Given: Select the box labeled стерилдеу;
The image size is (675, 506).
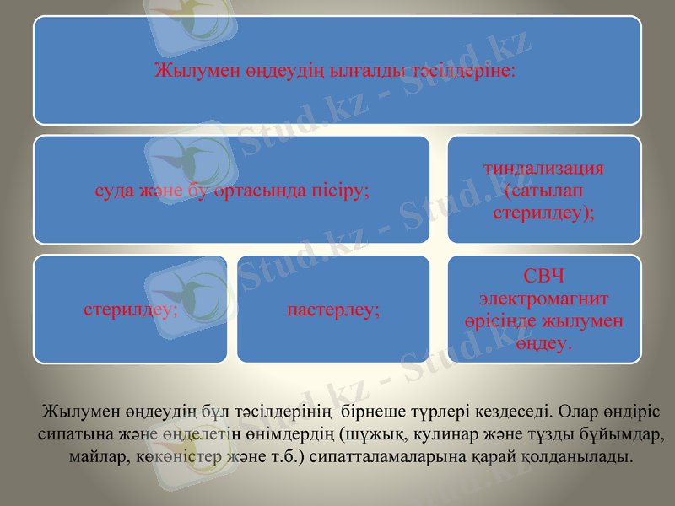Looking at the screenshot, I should click(131, 310).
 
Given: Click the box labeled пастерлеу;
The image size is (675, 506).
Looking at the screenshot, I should click(333, 310).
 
